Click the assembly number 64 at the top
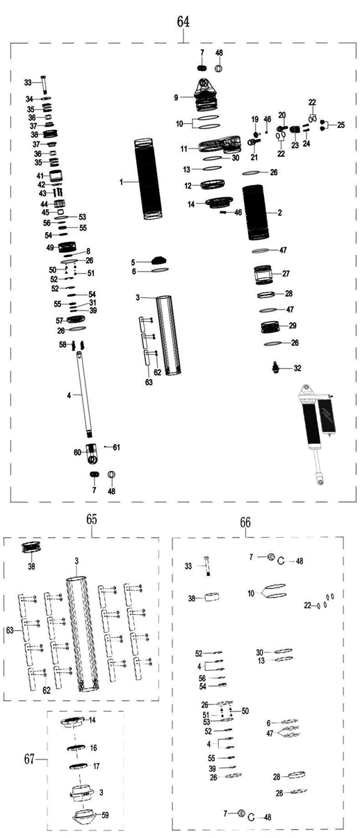coord(183,22)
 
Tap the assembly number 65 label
coord(92,519)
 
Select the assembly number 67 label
coord(30,759)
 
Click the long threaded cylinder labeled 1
coord(149,179)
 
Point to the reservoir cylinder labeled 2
coord(256,213)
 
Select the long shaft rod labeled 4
coord(85,394)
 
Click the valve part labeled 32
coord(276,368)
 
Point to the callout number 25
coord(341,125)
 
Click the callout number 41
coord(40,176)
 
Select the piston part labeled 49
coord(67,247)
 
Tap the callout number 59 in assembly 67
coord(106,815)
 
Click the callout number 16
coord(94,748)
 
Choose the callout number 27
coord(286,274)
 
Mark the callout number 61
coord(116,447)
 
